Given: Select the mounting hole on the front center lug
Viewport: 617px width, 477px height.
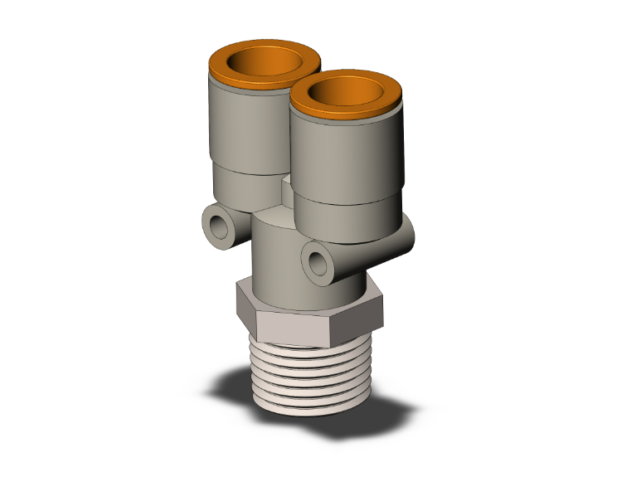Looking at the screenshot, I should pos(317,262).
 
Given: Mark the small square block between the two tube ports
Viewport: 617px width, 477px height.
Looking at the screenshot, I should pos(286,188).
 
